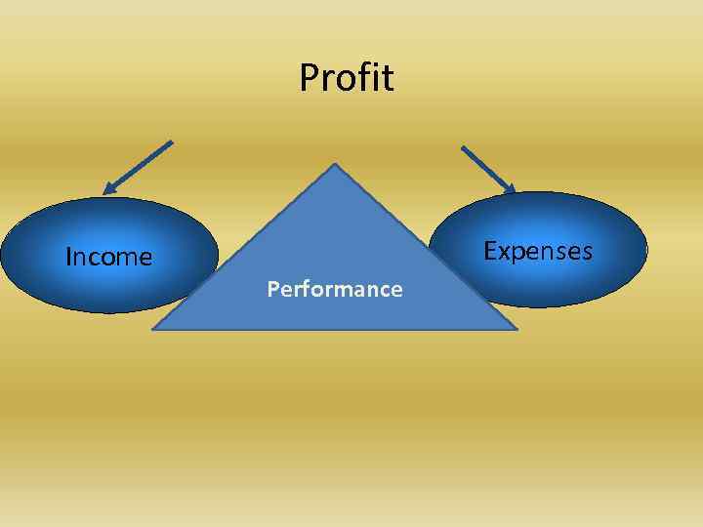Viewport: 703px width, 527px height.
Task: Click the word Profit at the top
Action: [x=347, y=78]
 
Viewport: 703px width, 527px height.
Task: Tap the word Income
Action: [x=108, y=258]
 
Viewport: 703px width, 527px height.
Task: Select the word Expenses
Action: [x=538, y=252]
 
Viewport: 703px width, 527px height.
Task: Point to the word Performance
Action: [x=335, y=289]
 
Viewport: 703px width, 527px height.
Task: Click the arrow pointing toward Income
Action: [x=138, y=167]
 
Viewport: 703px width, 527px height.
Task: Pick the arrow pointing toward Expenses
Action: [x=488, y=170]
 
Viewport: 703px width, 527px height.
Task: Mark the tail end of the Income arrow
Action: [x=171, y=142]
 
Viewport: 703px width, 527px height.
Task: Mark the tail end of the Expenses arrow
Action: [x=463, y=148]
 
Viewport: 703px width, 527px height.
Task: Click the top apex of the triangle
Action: [x=335, y=165]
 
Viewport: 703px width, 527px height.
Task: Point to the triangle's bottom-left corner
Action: [x=154, y=329]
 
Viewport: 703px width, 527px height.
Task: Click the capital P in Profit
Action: [x=309, y=78]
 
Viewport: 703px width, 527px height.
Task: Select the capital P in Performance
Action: [x=272, y=289]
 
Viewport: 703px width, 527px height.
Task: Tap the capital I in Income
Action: [x=67, y=258]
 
